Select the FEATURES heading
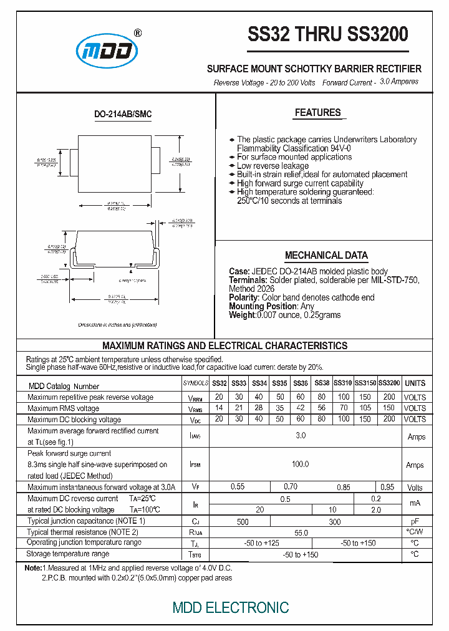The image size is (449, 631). coord(317,113)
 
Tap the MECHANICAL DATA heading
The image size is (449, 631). coord(326,256)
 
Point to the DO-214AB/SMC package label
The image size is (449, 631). coord(123,114)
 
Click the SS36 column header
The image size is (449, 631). coord(301,383)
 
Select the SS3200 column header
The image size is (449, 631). coord(389,383)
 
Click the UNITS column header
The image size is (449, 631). coord(415,383)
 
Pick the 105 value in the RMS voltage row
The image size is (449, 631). coord(365,408)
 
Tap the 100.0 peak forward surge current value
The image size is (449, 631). coord(301,465)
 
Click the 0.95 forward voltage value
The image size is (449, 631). coord(387,487)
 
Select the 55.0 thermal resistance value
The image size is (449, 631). coord(301,532)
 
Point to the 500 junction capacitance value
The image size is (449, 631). coord(243,521)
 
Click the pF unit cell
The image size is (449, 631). coord(415,521)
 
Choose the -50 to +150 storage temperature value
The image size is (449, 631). coord(301,554)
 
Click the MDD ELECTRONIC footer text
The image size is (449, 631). coord(230,607)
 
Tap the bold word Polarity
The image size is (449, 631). coord(243,297)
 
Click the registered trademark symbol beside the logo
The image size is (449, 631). coord(138,33)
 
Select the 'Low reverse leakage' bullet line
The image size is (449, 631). coord(273,166)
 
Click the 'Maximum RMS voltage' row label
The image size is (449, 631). coord(64,408)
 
